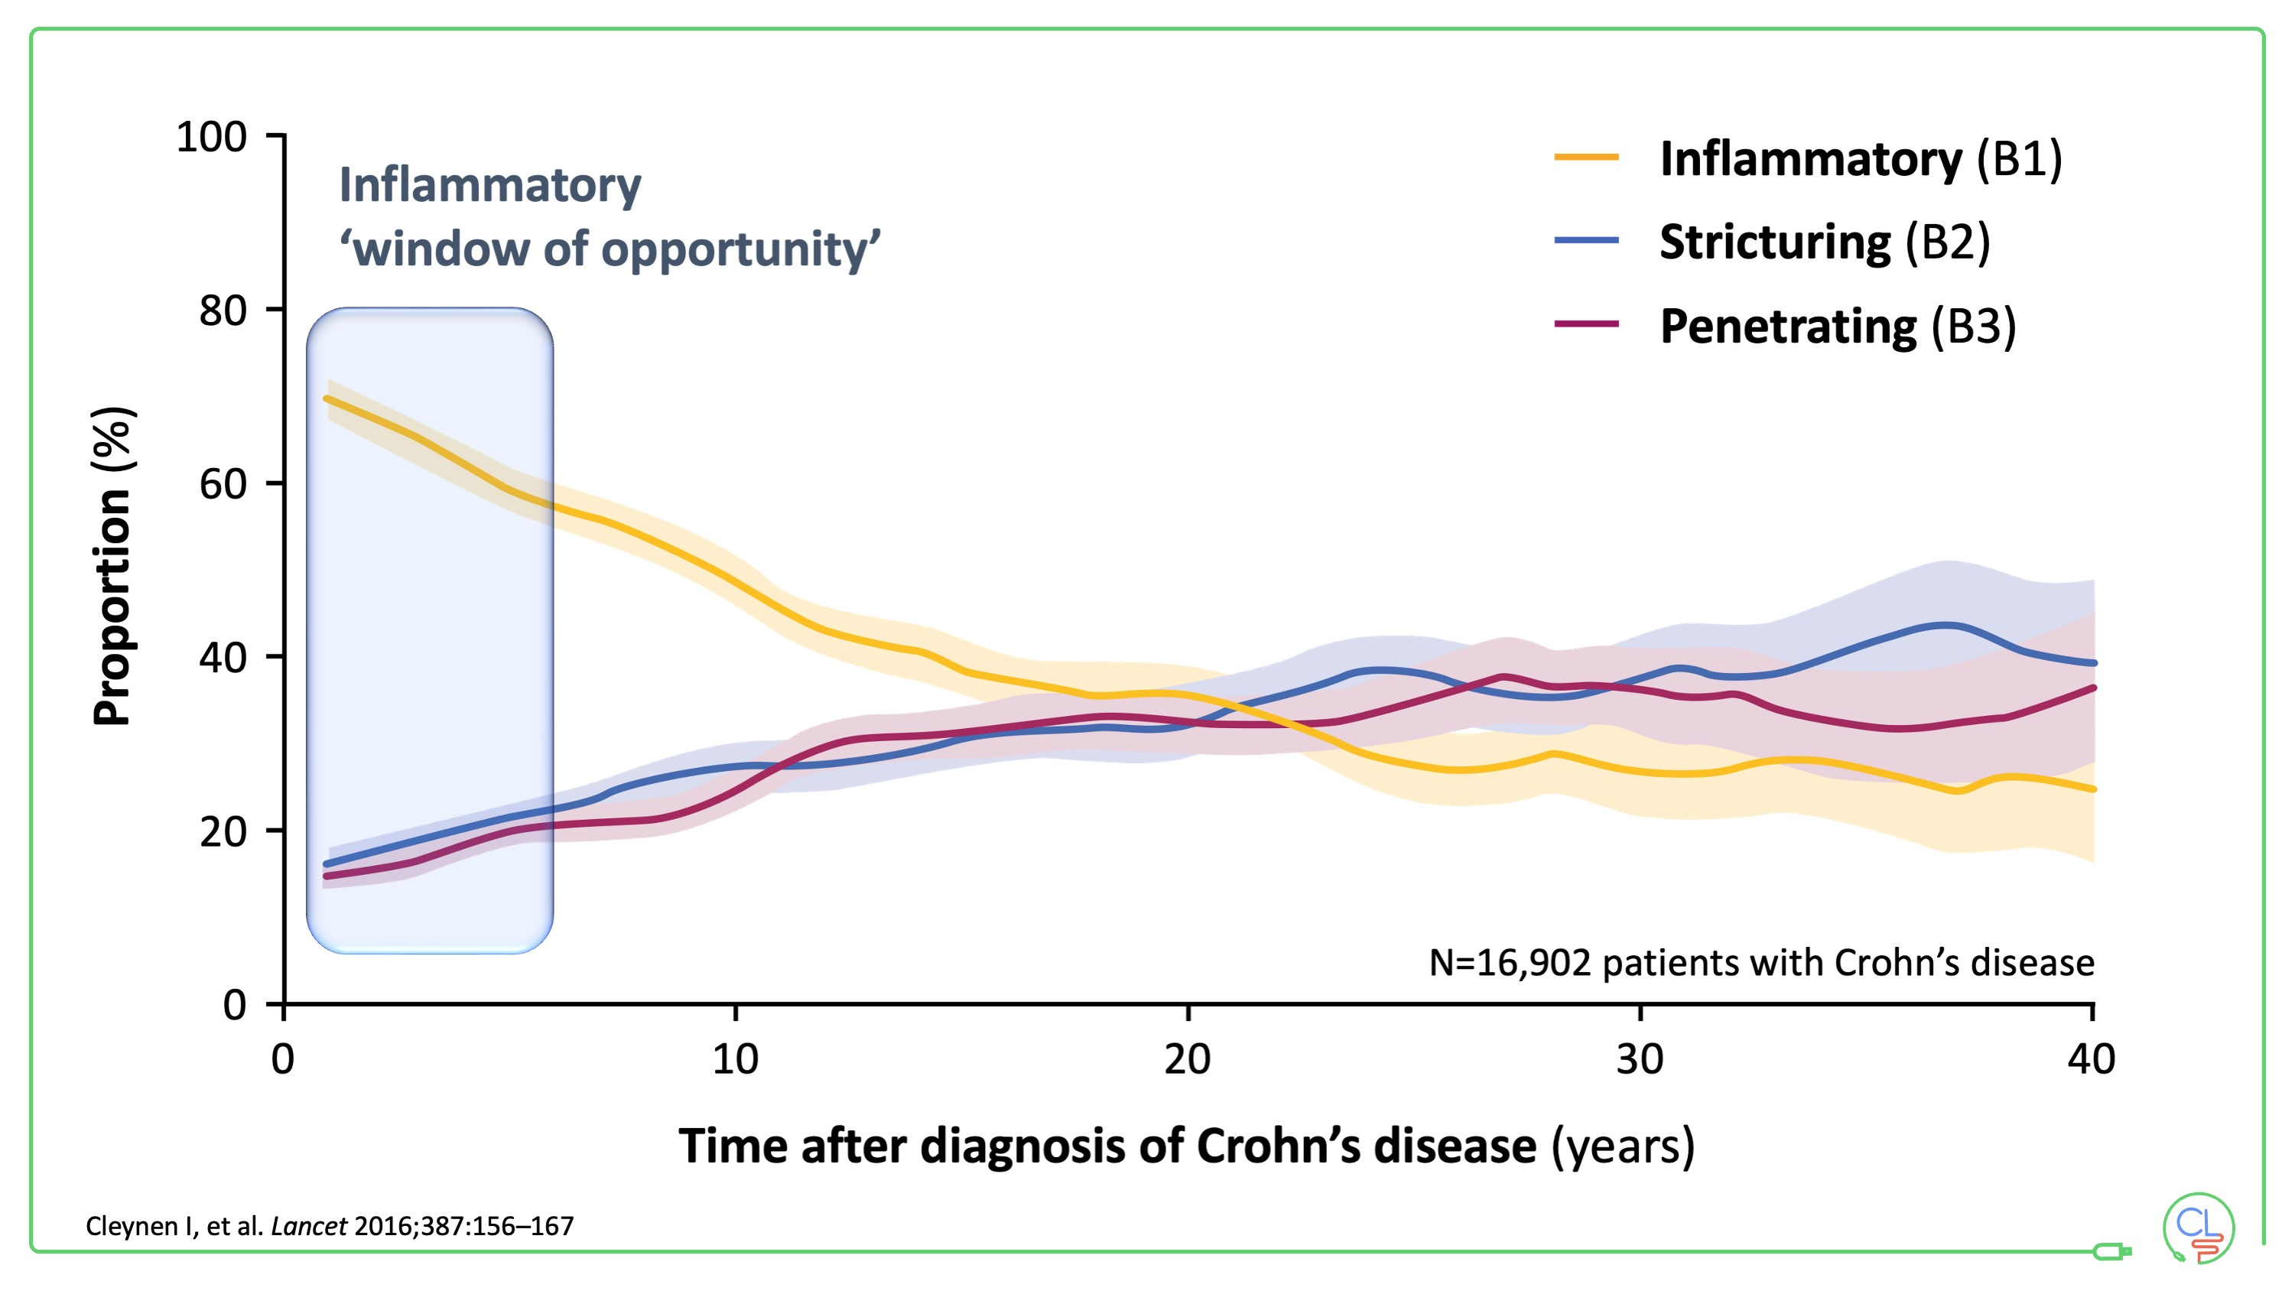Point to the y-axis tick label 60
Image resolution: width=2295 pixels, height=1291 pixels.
(x=223, y=485)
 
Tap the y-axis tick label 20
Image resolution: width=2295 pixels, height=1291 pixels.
(x=223, y=832)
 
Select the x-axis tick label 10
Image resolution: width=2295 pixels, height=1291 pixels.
(x=735, y=1059)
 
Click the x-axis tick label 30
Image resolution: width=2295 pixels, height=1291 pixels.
(x=1640, y=1059)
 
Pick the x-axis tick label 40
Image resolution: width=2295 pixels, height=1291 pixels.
(x=2091, y=1059)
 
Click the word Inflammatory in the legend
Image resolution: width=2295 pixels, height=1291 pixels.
(x=1810, y=160)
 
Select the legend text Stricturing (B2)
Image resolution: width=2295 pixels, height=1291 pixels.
(x=1825, y=242)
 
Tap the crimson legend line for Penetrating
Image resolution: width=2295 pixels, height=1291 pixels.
(x=1586, y=324)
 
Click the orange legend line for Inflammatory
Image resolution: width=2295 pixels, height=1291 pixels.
(x=1586, y=158)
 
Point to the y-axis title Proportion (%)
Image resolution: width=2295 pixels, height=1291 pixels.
(x=113, y=566)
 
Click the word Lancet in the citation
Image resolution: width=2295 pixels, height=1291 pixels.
(x=308, y=1227)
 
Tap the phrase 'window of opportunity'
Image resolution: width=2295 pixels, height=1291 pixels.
(x=610, y=249)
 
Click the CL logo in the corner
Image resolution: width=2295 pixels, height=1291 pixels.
(x=2199, y=1228)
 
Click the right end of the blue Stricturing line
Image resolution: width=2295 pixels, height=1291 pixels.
(x=2094, y=663)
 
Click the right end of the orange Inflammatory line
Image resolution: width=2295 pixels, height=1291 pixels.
(x=2094, y=789)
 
